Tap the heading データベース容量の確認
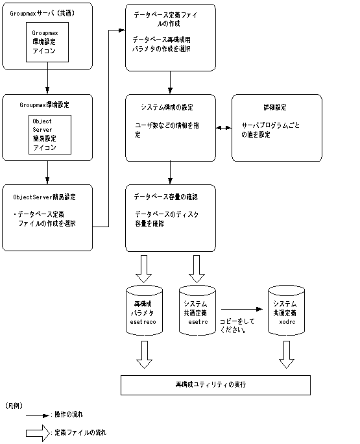pyautogui.click(x=165, y=197)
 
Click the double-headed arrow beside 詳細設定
pyautogui.click(x=223, y=130)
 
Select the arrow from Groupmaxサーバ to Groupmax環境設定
pyautogui.click(x=47, y=81)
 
